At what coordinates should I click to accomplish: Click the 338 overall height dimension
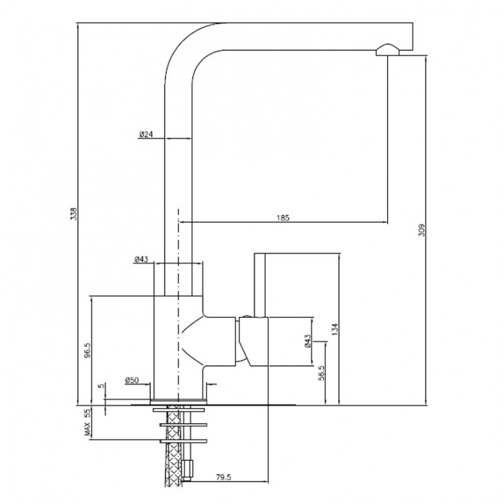click(74, 214)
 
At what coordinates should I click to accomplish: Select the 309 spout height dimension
click(422, 230)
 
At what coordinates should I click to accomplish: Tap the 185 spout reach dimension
click(283, 218)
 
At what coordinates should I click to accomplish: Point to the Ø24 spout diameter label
click(146, 134)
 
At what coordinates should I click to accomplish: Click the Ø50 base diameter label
click(132, 380)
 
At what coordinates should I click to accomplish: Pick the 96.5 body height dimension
click(88, 350)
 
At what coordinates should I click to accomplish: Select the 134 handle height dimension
click(335, 329)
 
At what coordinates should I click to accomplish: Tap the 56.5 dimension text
click(321, 373)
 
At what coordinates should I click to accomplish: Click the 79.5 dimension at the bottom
click(223, 477)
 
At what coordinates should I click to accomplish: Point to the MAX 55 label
click(88, 422)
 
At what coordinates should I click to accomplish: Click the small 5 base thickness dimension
click(101, 386)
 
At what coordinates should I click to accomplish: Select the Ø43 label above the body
click(141, 259)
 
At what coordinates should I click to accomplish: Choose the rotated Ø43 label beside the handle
click(307, 341)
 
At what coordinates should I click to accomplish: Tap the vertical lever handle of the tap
click(260, 285)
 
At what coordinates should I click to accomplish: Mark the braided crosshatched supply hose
click(174, 446)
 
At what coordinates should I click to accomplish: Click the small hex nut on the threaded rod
click(188, 470)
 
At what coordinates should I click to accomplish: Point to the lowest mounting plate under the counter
click(183, 441)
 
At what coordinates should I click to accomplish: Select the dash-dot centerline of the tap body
click(178, 305)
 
